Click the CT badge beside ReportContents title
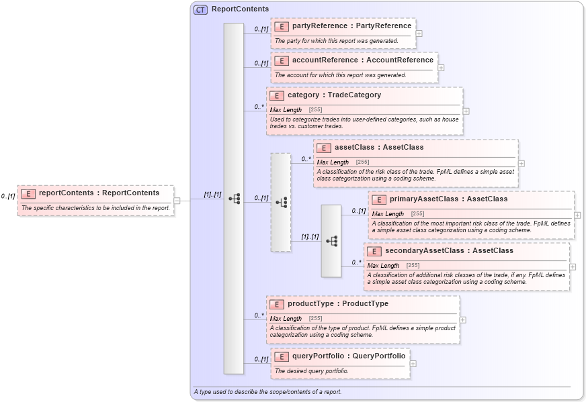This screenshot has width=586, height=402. [x=200, y=9]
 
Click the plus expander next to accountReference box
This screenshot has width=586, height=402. [x=441, y=68]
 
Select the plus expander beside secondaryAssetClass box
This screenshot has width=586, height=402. [x=573, y=266]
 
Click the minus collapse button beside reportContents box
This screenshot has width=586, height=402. [x=177, y=200]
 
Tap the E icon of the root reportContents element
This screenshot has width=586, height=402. [x=28, y=193]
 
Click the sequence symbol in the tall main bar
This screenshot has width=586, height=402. [x=234, y=199]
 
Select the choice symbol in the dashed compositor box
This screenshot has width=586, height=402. [x=281, y=202]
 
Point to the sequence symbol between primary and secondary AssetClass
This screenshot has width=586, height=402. [x=331, y=241]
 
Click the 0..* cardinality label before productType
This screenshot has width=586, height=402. [x=259, y=315]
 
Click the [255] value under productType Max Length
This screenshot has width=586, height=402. [x=315, y=319]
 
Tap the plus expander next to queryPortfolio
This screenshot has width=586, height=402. [x=413, y=364]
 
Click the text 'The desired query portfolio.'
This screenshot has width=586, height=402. [x=312, y=371]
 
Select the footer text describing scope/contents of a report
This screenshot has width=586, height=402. [x=267, y=392]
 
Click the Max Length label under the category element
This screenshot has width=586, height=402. [x=286, y=110]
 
